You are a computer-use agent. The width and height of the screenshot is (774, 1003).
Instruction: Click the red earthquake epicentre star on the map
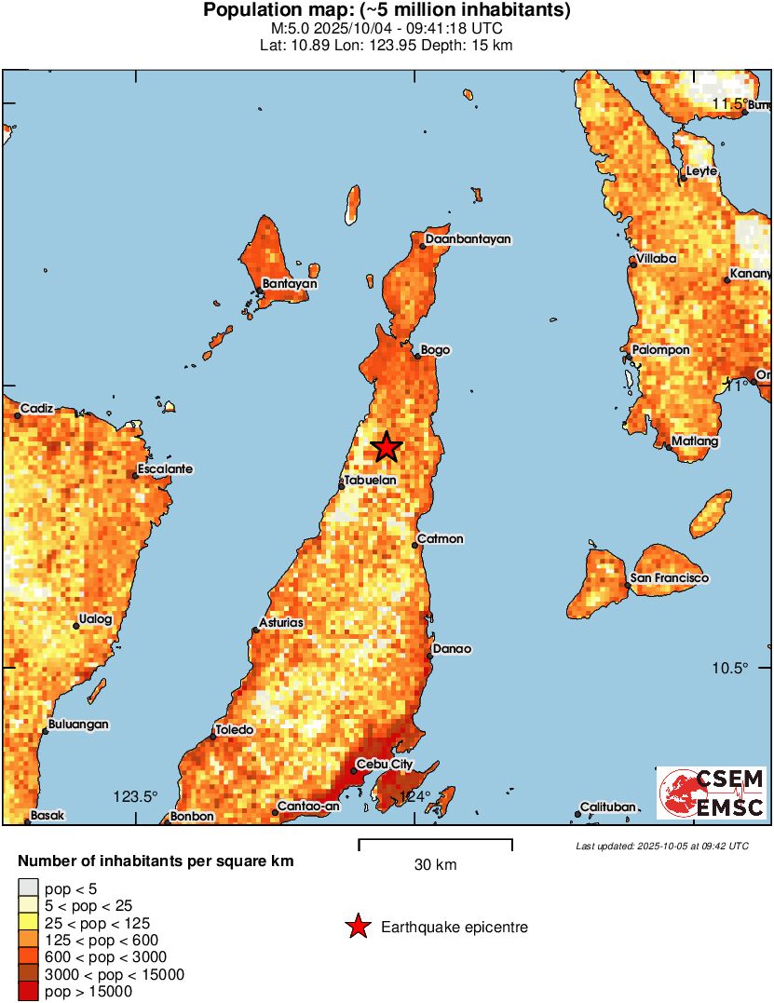387,448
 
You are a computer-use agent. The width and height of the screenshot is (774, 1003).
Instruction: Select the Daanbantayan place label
468,239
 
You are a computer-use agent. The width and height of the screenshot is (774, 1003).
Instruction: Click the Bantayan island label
290,283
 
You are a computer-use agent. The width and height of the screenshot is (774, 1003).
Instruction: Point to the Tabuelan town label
371,480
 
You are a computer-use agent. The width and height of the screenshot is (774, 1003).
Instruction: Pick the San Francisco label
669,578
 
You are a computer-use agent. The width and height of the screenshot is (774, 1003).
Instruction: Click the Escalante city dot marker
135,476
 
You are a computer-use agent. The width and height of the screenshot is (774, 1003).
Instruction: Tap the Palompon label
660,350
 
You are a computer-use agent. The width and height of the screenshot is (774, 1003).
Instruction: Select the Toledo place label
234,730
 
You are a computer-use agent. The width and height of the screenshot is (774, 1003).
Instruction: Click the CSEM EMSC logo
713,793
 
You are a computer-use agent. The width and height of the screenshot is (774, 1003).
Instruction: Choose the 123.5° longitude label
136,796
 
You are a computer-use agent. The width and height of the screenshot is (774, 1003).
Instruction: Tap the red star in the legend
357,927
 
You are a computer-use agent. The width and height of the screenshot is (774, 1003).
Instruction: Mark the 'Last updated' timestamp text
662,846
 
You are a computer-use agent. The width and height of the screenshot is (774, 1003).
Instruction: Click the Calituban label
607,806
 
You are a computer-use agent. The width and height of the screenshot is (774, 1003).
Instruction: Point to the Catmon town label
440,539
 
